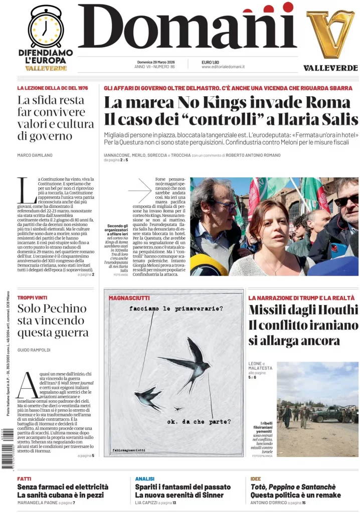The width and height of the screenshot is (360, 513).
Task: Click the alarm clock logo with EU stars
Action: point(45,27)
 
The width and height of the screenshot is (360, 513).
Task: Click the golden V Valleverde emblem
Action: point(330,34)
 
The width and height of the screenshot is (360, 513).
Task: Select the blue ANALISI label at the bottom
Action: point(144,478)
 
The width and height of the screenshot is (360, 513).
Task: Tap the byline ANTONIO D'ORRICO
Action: point(271,502)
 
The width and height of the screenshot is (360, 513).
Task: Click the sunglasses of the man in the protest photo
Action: point(346,200)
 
